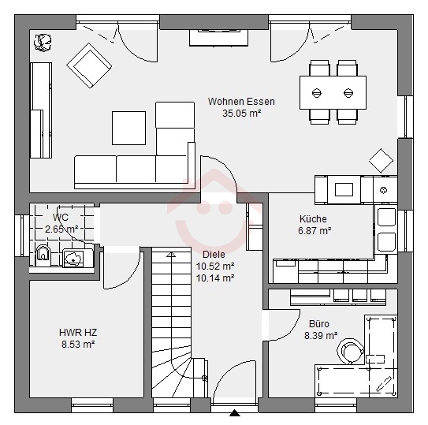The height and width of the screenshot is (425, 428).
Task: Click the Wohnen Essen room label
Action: click(x=241, y=102)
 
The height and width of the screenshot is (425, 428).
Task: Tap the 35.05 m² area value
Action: click(x=241, y=113)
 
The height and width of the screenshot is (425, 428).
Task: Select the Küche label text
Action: click(x=313, y=218)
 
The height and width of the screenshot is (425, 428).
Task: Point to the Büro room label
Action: click(x=318, y=323)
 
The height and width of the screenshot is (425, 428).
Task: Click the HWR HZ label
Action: click(x=78, y=333)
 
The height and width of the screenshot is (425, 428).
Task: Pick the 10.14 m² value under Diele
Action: click(x=215, y=278)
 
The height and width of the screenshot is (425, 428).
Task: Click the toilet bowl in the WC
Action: click(x=43, y=253)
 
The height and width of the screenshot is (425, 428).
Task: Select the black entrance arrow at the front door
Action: click(x=235, y=412)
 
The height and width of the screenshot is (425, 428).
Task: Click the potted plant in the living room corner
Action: click(x=43, y=43)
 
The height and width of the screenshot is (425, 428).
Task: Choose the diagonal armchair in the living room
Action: click(x=89, y=65)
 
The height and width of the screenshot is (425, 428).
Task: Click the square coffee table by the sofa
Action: click(x=128, y=128)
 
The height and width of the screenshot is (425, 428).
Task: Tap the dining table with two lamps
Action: click(x=333, y=93)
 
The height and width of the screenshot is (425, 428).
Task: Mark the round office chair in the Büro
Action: click(x=350, y=351)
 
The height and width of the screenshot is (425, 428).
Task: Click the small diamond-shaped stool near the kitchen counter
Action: click(x=381, y=161)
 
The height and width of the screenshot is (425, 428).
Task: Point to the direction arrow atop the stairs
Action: click(x=171, y=255)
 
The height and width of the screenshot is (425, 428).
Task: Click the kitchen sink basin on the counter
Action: click(x=344, y=189)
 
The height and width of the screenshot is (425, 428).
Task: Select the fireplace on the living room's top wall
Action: click(x=218, y=37)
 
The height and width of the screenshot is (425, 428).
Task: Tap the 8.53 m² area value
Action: click(x=78, y=344)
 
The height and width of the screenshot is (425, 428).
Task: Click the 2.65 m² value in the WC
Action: click(x=61, y=229)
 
